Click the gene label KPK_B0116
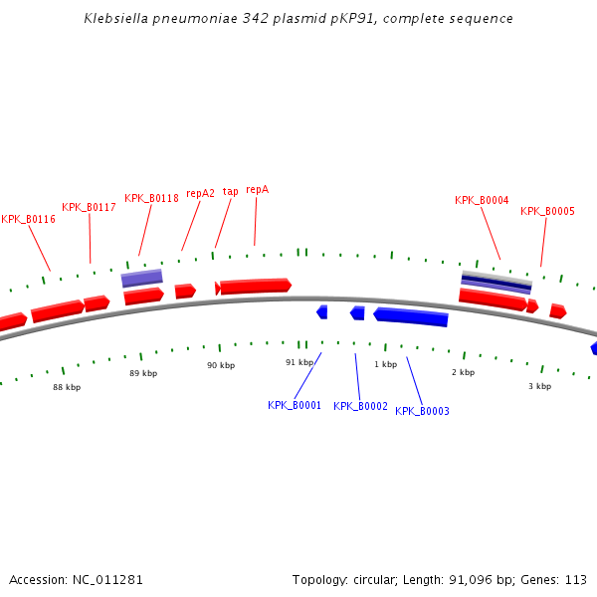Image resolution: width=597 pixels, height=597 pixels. (28, 219)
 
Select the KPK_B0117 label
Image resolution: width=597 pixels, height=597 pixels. (89, 207)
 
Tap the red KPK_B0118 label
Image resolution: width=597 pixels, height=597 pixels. (151, 198)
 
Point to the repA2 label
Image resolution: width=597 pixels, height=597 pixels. (200, 193)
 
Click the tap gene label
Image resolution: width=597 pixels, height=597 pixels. (230, 191)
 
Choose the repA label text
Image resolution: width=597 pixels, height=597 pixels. (257, 189)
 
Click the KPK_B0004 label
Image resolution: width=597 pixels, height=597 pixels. (482, 200)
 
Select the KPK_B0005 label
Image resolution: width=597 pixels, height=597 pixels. (547, 211)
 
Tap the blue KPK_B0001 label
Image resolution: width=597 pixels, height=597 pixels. (295, 405)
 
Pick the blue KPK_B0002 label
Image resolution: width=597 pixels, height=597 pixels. (360, 406)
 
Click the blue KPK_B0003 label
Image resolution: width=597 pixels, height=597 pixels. (422, 411)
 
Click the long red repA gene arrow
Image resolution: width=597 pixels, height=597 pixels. (255, 287)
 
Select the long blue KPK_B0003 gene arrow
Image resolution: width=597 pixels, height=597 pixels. (411, 316)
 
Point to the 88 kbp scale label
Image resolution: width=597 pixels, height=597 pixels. (67, 387)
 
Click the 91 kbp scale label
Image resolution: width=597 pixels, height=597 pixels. (299, 362)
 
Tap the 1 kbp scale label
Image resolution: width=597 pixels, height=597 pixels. (385, 364)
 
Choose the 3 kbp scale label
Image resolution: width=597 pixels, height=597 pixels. (539, 386)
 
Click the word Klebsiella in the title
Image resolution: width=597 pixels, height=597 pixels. (115, 19)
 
